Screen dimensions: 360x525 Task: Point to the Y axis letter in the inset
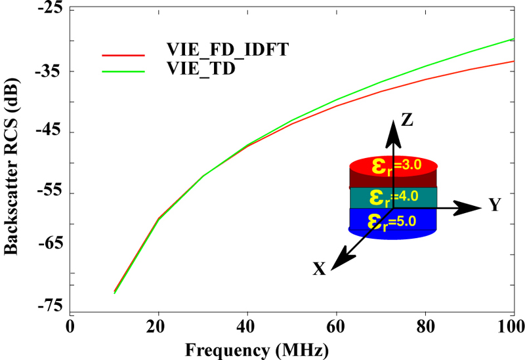495,206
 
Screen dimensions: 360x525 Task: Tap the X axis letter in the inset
320,268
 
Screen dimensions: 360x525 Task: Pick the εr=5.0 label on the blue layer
391,220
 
